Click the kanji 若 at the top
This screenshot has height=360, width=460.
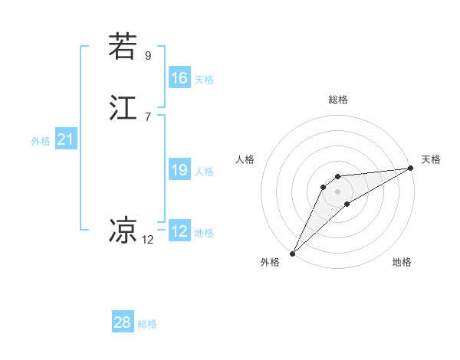122,47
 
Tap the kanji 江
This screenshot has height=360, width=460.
122,108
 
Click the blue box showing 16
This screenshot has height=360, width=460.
179,78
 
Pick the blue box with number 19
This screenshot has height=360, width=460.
179,170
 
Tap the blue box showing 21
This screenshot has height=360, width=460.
65,140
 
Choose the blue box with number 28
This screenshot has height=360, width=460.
122,322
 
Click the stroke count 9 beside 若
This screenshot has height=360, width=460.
148,55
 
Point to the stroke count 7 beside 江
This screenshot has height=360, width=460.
148,116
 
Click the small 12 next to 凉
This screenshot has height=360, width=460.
148,239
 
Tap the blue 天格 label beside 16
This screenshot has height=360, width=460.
204,80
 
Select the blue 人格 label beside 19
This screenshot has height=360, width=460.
204,172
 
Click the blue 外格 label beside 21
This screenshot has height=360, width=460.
41,141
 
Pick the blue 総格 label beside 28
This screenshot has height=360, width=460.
147,324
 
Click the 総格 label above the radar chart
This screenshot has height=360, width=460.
337,100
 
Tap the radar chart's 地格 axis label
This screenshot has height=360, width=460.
402,262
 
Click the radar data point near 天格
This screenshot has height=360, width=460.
412,169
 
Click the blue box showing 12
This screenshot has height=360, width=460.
179,231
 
